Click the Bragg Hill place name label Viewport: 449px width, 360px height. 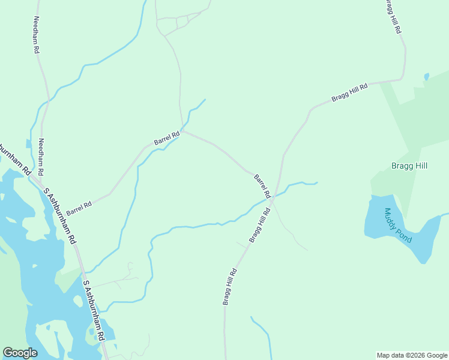point(409,166)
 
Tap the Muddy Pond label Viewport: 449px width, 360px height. point(398,225)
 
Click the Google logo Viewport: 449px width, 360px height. point(20,353)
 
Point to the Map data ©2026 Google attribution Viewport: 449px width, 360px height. point(412,355)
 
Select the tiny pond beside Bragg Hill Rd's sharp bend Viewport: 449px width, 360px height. point(426,77)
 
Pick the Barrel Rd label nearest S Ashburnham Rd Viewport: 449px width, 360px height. point(79,208)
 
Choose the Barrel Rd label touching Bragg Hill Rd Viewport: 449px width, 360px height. point(262,186)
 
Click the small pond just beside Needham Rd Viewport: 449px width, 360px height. point(28,143)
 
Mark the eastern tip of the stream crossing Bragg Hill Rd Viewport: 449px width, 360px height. point(316,182)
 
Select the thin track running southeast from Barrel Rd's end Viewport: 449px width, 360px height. point(291,233)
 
